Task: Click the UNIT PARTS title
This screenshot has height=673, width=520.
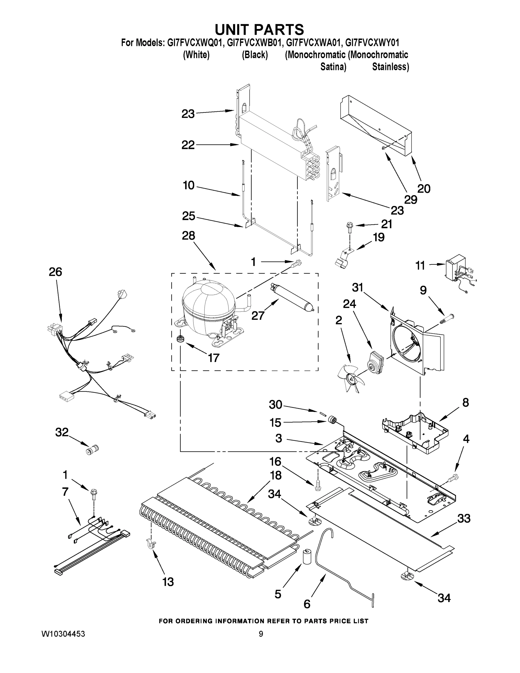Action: tap(259, 29)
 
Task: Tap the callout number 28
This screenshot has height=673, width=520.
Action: tap(189, 236)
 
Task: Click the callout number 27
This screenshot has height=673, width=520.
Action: tap(258, 315)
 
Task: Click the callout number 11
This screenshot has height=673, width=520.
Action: tap(420, 265)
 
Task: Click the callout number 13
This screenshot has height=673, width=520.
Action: tap(168, 582)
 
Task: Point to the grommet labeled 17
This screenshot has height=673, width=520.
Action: tap(179, 339)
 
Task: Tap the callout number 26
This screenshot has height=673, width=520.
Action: tap(56, 272)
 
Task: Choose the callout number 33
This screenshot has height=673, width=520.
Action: tap(464, 518)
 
